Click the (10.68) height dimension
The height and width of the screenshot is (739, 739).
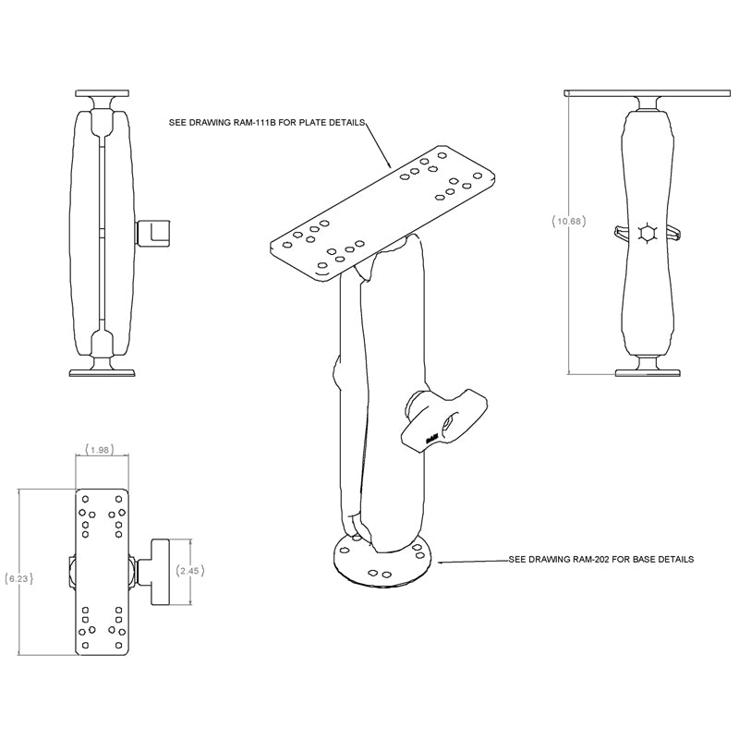[567, 221]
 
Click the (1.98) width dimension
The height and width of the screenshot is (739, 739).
[100, 450]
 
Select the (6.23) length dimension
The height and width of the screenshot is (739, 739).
[18, 579]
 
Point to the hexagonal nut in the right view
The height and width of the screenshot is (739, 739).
[646, 234]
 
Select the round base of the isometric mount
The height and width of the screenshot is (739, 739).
[380, 563]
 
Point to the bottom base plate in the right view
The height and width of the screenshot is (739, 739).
[646, 372]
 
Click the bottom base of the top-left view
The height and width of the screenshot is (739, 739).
[103, 372]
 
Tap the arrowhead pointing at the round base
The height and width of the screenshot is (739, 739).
[441, 561]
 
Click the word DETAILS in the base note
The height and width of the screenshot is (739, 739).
[672, 560]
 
